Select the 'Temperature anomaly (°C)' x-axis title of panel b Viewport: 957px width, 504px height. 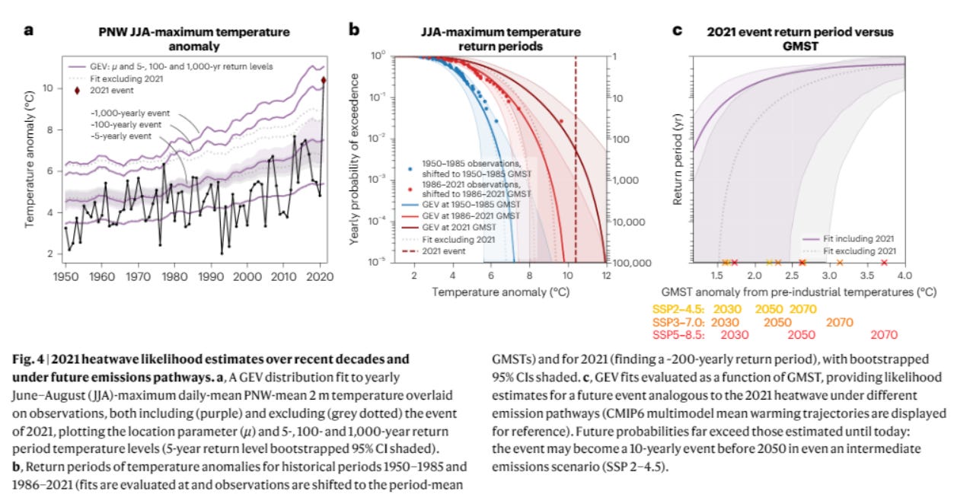coord(500,292)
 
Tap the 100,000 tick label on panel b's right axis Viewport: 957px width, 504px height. coord(632,263)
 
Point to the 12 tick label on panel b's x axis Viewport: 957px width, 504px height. coord(606,274)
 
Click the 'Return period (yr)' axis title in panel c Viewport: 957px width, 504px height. coord(677,164)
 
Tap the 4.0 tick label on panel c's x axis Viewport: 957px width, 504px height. coord(904,274)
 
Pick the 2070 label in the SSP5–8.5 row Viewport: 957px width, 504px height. coord(884,334)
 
